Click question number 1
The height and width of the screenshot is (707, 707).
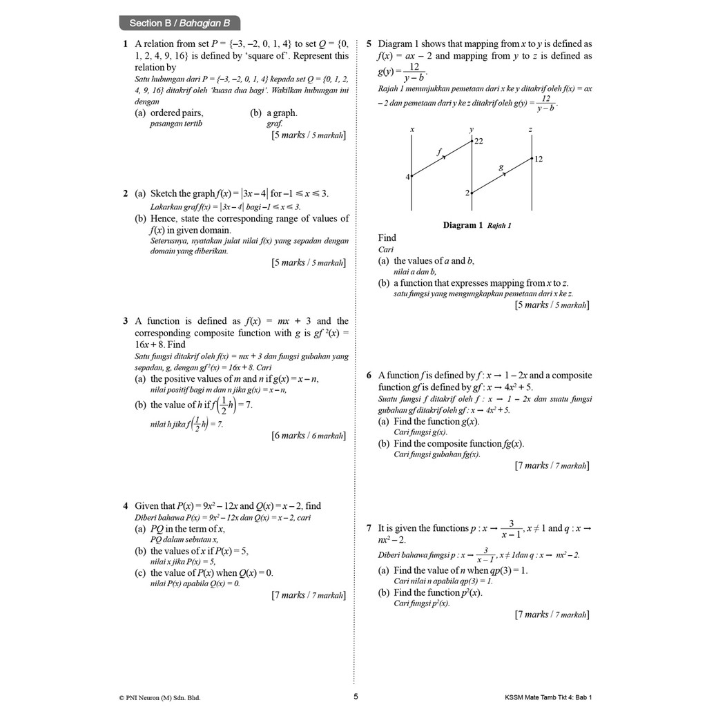pos(125,43)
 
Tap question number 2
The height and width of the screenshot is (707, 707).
pos(125,193)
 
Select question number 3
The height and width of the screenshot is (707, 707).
pos(125,321)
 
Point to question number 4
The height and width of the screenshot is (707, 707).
pos(125,506)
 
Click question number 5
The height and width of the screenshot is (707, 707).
pos(369,43)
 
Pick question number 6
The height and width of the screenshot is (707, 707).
pos(369,376)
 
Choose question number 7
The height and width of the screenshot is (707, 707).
pos(369,528)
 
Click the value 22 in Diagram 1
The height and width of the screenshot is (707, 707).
pos(478,141)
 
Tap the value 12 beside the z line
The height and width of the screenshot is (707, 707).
pos(538,159)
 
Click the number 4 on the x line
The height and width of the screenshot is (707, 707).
pos(407,177)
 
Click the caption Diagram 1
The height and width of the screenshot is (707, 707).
pos(460,225)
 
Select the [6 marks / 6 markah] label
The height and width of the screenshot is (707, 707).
pos(309,436)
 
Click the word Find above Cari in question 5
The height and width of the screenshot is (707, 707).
pos(387,238)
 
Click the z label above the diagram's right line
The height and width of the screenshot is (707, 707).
pos(530,129)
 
